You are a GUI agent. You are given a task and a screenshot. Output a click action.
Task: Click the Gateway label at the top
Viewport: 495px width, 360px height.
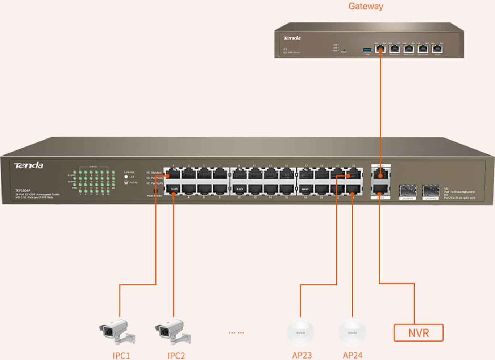pyautogui.click(x=365, y=7)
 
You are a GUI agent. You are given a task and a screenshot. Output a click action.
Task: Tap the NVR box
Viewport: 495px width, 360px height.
pyautogui.click(x=418, y=332)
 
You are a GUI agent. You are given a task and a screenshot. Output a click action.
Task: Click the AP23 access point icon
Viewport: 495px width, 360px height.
pyautogui.click(x=300, y=332)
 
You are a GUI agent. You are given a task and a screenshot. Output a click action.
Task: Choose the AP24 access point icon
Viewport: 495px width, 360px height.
pyautogui.click(x=352, y=332)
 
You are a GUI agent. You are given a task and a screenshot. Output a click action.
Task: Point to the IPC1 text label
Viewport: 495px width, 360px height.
pyautogui.click(x=121, y=355)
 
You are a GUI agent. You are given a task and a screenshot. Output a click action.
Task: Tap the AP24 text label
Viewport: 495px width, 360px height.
pyautogui.click(x=352, y=355)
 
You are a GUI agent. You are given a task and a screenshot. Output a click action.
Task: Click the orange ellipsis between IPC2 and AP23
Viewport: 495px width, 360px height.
pyautogui.click(x=236, y=332)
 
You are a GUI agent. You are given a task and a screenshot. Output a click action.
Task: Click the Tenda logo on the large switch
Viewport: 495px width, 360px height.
pyautogui.click(x=29, y=166)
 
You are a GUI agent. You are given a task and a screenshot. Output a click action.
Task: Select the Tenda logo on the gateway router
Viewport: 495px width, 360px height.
pyautogui.click(x=292, y=38)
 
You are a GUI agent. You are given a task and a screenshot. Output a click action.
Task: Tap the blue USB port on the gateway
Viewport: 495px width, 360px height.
pyautogui.click(x=367, y=50)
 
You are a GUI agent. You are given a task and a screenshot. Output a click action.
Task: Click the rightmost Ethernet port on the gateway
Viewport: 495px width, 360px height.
pyautogui.click(x=437, y=49)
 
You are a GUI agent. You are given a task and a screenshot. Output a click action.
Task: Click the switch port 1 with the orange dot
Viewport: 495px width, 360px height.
pyautogui.click(x=173, y=174)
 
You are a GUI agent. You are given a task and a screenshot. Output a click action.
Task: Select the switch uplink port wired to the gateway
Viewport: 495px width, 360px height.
pyautogui.click(x=380, y=175)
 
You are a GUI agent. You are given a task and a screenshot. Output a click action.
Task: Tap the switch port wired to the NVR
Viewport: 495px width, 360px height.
pyautogui.click(x=380, y=189)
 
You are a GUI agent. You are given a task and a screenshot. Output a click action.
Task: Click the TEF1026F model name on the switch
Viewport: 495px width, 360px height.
pyautogui.click(x=23, y=190)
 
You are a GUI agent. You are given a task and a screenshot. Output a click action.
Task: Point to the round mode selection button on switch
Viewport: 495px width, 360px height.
pyautogui.click(x=155, y=191)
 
